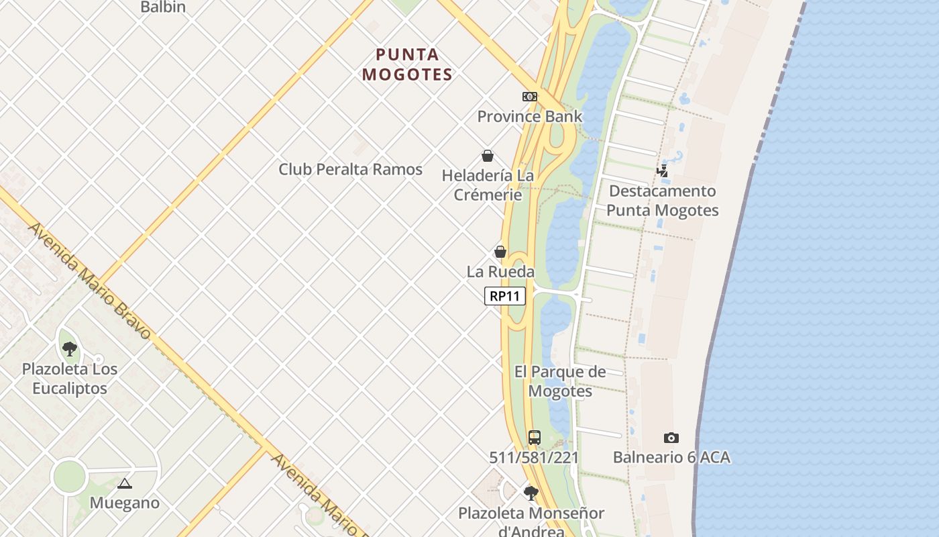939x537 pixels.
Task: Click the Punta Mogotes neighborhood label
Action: [407, 64]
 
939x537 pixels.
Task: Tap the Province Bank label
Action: [530, 116]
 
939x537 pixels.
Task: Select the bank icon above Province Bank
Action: [530, 97]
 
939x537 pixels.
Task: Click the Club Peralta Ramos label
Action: [351, 169]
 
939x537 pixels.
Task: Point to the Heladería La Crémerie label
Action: [488, 185]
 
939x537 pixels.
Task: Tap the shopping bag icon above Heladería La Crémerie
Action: [488, 156]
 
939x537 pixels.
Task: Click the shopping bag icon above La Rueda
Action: [500, 252]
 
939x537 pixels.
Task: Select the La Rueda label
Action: [500, 272]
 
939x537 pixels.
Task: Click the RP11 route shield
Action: [504, 296]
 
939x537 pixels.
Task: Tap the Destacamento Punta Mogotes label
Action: [663, 201]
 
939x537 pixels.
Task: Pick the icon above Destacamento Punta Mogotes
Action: [663, 171]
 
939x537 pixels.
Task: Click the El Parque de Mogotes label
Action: [560, 381]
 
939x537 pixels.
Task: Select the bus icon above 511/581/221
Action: [534, 438]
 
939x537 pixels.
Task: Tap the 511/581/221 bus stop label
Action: [534, 458]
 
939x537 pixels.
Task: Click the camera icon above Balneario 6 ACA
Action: [671, 438]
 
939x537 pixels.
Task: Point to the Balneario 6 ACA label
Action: [671, 458]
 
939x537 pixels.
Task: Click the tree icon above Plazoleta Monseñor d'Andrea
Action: [531, 493]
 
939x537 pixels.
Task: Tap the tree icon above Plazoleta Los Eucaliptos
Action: [70, 349]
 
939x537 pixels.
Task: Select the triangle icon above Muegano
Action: [124, 483]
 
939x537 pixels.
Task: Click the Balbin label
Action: [163, 7]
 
